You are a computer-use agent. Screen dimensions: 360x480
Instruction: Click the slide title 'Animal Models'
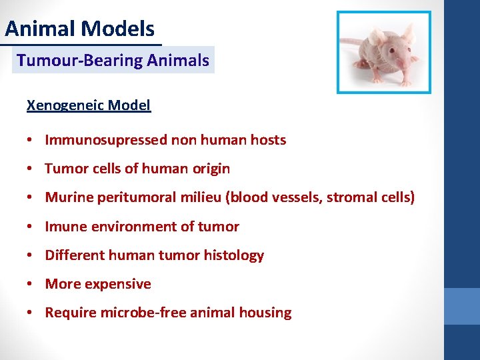(79, 29)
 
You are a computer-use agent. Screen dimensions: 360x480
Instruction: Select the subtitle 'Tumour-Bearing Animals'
(113, 61)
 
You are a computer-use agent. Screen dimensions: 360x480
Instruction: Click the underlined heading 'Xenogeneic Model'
(88, 105)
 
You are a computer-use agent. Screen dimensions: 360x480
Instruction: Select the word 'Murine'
(68, 197)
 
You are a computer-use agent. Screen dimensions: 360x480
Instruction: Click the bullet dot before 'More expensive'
(31, 284)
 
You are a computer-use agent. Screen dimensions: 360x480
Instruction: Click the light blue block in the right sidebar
(462, 306)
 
